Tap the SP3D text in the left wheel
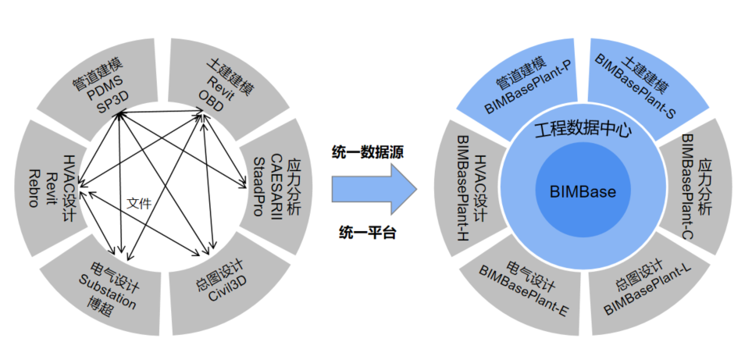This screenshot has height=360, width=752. tap(114, 106)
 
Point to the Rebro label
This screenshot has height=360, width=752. tap(33, 187)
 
